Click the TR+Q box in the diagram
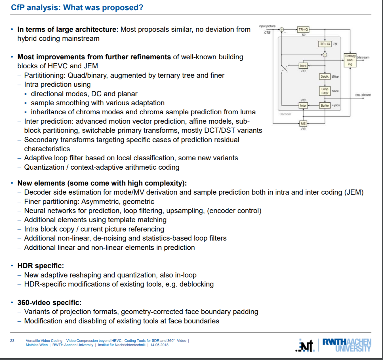click(303, 30)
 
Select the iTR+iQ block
click(325, 44)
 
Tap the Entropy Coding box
click(350, 60)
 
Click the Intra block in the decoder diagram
click(303, 66)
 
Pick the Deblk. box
click(325, 77)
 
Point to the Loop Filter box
click(325, 91)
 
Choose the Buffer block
click(325, 106)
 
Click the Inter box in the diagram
click(303, 106)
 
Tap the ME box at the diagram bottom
click(303, 123)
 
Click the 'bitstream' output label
click(363, 57)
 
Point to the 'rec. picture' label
click(363, 95)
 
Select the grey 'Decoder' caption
click(285, 114)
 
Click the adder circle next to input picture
click(281, 30)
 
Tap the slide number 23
click(12, 341)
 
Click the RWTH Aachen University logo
click(347, 345)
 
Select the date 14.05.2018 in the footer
click(159, 345)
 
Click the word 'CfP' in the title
click(18, 8)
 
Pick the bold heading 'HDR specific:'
click(41, 266)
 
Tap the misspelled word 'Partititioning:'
click(45, 75)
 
